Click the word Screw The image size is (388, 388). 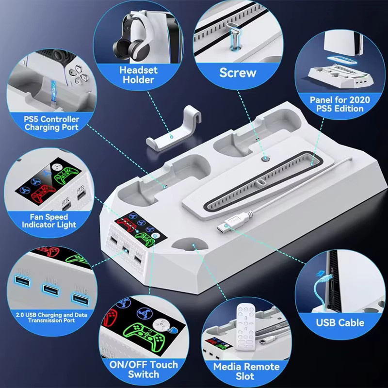238,73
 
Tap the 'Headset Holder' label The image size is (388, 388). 138,75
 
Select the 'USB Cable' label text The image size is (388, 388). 340,323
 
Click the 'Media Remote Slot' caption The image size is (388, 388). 246,371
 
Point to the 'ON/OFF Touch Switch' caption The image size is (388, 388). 144,370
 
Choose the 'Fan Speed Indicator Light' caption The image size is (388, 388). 49,221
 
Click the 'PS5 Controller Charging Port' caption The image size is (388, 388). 51,123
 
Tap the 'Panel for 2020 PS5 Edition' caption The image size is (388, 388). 340,104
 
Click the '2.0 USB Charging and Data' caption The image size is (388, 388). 51,315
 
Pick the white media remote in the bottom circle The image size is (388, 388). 245,327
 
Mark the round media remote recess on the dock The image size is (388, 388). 190,244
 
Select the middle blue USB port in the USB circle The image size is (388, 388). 51,289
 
